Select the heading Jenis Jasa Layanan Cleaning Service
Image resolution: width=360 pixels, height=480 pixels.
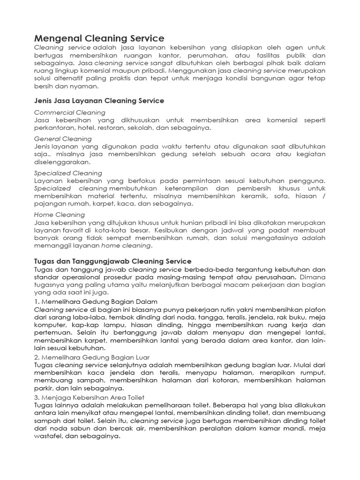tap(99, 100)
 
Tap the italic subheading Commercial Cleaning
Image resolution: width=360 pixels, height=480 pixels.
tap(70, 112)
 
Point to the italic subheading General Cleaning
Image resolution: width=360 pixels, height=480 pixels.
tap(63, 139)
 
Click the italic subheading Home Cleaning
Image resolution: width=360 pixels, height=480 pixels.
tap(59, 215)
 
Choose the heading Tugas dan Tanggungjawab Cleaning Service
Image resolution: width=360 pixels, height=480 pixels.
tap(113, 261)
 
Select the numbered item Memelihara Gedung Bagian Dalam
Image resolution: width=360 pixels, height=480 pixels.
tap(96, 301)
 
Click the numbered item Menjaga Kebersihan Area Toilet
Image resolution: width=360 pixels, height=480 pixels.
tap(93, 397)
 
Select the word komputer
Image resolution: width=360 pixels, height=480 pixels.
tap(51, 325)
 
